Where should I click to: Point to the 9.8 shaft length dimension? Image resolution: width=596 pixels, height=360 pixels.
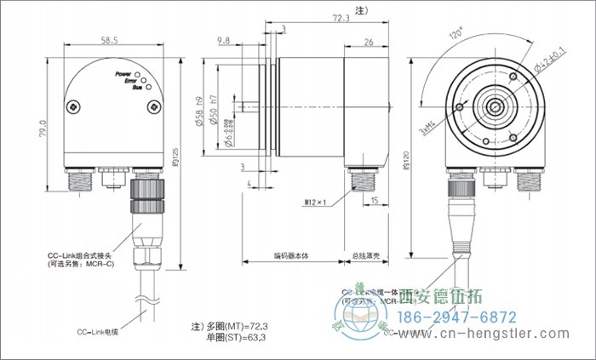[x=225, y=40]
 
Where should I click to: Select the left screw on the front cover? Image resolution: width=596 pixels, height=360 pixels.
[x=77, y=107]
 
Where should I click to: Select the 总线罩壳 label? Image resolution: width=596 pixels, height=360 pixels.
[x=366, y=254]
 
